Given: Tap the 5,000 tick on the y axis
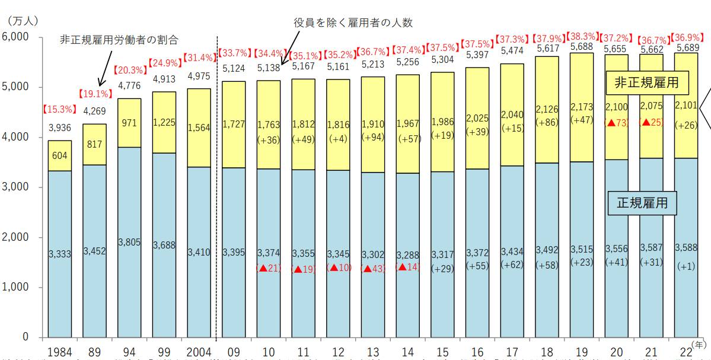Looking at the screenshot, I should click(x=20, y=87).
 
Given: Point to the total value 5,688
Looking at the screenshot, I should click(x=582, y=46).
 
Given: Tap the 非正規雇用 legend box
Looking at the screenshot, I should click(x=646, y=82).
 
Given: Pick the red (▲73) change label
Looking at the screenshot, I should click(x=617, y=123).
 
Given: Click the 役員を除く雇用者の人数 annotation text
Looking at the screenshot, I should click(x=353, y=23).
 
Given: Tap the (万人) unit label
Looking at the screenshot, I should click(x=23, y=20).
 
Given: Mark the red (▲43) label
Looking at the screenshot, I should click(x=373, y=269).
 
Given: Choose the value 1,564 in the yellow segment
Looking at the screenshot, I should click(x=198, y=127).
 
